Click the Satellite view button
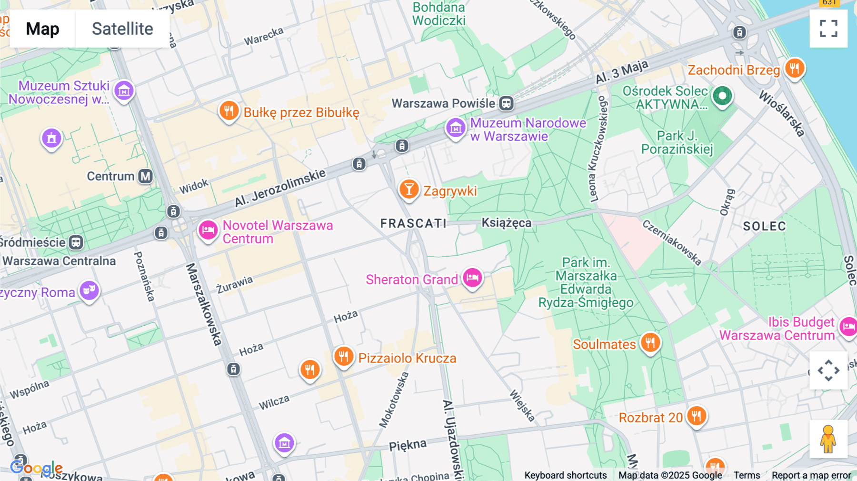pyautogui.click(x=122, y=29)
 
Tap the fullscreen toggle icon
pyautogui.click(x=828, y=29)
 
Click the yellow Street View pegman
pyautogui.click(x=828, y=439)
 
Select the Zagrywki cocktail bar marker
pyautogui.click(x=409, y=189)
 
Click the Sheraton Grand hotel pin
pyautogui.click(x=472, y=277)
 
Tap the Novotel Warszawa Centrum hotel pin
pyautogui.click(x=208, y=230)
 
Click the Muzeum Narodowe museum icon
pyautogui.click(x=456, y=128)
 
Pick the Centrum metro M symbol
pyautogui.click(x=145, y=176)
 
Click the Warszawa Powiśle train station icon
pyautogui.click(x=506, y=103)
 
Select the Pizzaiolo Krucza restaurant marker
pyautogui.click(x=343, y=356)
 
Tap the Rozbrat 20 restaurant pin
pyautogui.click(x=697, y=416)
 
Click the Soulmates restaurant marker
pyautogui.click(x=650, y=342)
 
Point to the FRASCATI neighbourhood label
pyautogui.click(x=413, y=223)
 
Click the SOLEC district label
pyautogui.click(x=764, y=226)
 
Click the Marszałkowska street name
pyautogui.click(x=204, y=304)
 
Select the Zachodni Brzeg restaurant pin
pyautogui.click(x=795, y=68)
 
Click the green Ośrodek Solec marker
pyautogui.click(x=722, y=96)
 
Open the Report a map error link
pyautogui.click(x=811, y=475)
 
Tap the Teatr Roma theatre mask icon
pyautogui.click(x=89, y=290)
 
